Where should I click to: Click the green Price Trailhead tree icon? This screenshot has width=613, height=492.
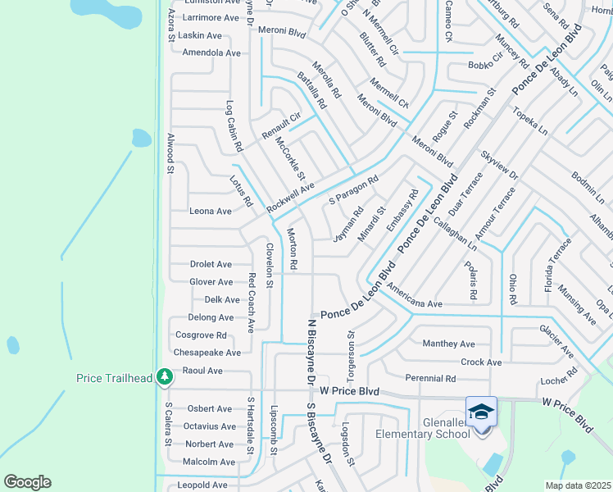[166, 377]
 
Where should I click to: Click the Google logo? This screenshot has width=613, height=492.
[27, 482]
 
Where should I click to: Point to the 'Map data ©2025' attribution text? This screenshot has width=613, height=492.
[578, 485]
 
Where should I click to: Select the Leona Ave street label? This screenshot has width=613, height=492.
[211, 212]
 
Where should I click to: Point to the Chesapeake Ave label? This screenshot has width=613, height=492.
[207, 353]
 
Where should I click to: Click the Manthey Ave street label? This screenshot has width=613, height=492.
[448, 344]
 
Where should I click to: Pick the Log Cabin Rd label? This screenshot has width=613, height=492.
[234, 127]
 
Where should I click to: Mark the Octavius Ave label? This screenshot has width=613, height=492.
[209, 426]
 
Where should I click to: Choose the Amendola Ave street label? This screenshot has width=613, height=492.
[211, 52]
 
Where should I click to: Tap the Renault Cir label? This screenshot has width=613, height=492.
[281, 125]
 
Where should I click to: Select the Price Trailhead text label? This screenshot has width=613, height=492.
[115, 378]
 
